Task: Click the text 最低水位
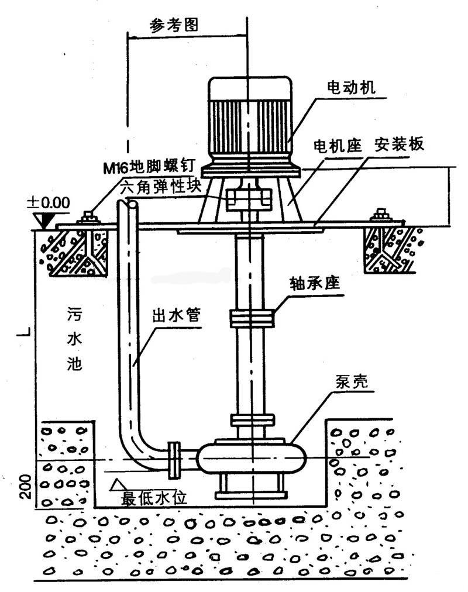point(153,498)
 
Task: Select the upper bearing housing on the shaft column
point(251,318)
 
